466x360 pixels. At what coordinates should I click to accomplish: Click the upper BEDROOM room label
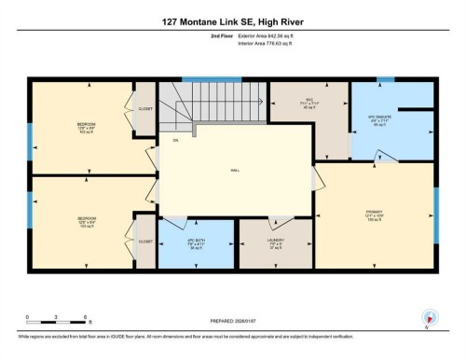pyautogui.click(x=87, y=127)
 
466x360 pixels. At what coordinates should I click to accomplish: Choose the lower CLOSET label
pyautogui.click(x=145, y=241)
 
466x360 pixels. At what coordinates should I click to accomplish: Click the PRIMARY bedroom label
pyautogui.click(x=376, y=214)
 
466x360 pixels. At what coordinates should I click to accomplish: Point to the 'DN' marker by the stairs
pyautogui.click(x=174, y=141)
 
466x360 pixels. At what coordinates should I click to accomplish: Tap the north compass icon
pyautogui.click(x=428, y=318)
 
